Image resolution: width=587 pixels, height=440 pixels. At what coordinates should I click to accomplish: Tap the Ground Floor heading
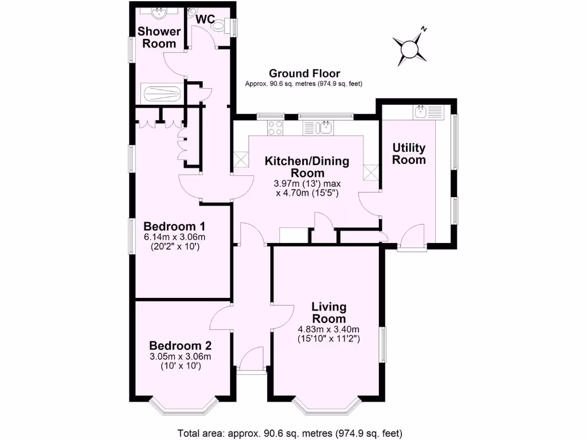coord(304,73)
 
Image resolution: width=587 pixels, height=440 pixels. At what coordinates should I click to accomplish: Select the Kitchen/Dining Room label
coord(307,167)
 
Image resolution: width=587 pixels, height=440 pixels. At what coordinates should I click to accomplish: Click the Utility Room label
coord(409,154)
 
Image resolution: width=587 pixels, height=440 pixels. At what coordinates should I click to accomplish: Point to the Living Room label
coord(328,313)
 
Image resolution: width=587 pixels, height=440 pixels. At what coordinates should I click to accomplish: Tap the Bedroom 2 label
coord(181,346)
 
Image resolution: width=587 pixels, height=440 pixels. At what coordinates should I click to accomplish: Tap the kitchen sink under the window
coord(324,127)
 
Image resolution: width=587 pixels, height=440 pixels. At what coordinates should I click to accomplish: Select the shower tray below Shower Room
coord(163,93)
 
